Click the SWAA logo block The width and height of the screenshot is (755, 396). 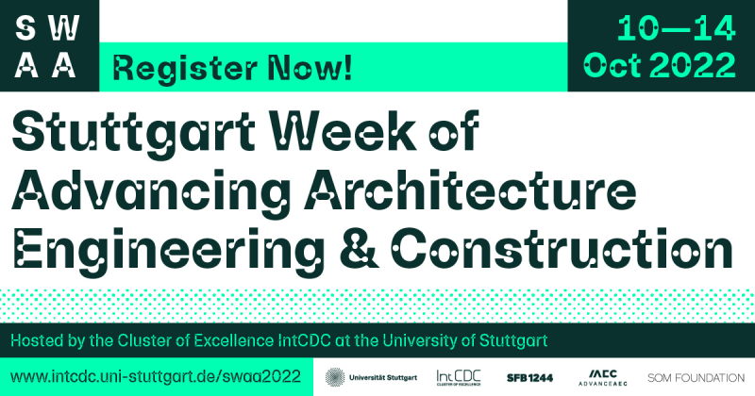click(49, 45)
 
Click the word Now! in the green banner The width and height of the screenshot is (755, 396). click(310, 67)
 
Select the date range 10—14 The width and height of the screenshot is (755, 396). click(677, 28)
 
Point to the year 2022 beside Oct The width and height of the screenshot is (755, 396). click(693, 64)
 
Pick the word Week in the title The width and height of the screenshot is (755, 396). click(343, 130)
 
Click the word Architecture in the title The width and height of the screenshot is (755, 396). click(470, 189)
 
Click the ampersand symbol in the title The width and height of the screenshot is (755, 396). click(360, 248)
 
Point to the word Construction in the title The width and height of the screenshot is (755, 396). click(562, 248)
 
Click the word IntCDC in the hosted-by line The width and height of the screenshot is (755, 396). click(305, 340)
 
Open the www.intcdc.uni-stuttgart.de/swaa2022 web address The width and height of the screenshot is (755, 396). click(156, 376)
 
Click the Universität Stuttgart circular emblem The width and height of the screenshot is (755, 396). click(335, 377)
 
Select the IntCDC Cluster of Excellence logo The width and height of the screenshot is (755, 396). click(459, 378)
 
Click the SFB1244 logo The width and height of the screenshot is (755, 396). click(529, 378)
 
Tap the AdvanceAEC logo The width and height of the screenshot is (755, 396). click(603, 378)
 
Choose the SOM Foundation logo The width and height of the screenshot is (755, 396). click(696, 378)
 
